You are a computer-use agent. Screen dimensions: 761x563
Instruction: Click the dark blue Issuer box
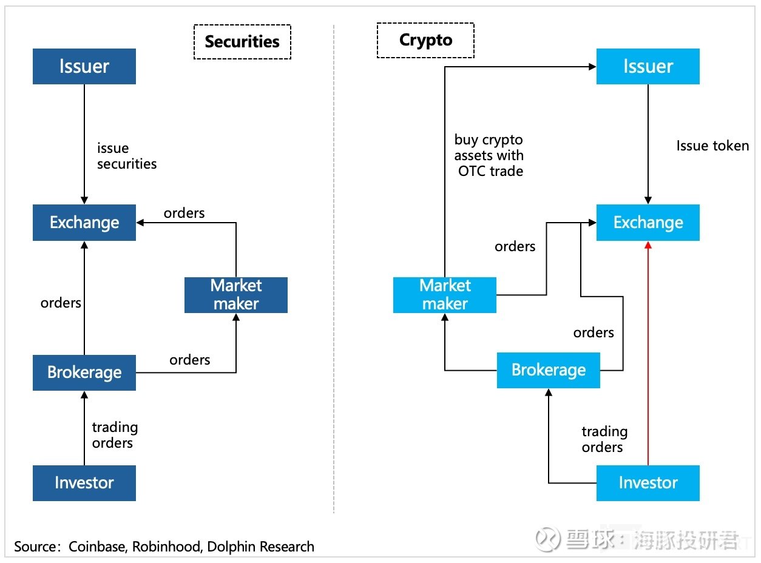pyautogui.click(x=84, y=66)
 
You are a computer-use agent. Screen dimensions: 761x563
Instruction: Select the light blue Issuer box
pyautogui.click(x=648, y=66)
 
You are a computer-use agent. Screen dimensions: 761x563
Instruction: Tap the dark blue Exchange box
pyautogui.click(x=84, y=223)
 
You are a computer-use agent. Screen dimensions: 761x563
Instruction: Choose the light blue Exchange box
pyautogui.click(x=648, y=223)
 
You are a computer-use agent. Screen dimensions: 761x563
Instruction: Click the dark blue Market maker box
pyautogui.click(x=236, y=295)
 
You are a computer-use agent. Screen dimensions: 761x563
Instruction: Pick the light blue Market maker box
pyautogui.click(x=445, y=295)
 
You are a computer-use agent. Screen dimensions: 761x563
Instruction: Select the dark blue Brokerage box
pyautogui.click(x=84, y=373)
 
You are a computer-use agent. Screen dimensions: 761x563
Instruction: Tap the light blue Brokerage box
pyautogui.click(x=548, y=370)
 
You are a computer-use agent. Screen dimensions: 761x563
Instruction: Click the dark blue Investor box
pyautogui.click(x=84, y=483)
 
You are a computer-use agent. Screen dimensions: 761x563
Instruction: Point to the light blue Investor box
pyautogui.click(x=648, y=483)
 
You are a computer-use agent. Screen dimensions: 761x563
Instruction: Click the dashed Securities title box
pyautogui.click(x=242, y=42)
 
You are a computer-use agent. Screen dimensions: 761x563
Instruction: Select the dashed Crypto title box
pyautogui.click(x=425, y=41)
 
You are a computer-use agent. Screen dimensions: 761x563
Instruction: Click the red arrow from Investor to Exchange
pyautogui.click(x=648, y=353)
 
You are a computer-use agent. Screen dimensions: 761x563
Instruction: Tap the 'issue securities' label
pyautogui.click(x=127, y=156)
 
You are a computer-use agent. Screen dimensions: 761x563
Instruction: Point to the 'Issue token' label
pyautogui.click(x=712, y=146)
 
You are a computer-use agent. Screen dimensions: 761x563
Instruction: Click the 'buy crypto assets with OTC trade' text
pyautogui.click(x=489, y=155)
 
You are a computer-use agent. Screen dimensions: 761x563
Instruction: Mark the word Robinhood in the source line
pyautogui.click(x=167, y=547)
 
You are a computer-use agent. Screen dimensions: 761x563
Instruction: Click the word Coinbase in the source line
pyautogui.click(x=96, y=547)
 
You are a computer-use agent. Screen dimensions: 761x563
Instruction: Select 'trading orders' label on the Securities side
pyautogui.click(x=115, y=435)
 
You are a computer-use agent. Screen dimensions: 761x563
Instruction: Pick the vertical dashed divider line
pyautogui.click(x=334, y=269)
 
